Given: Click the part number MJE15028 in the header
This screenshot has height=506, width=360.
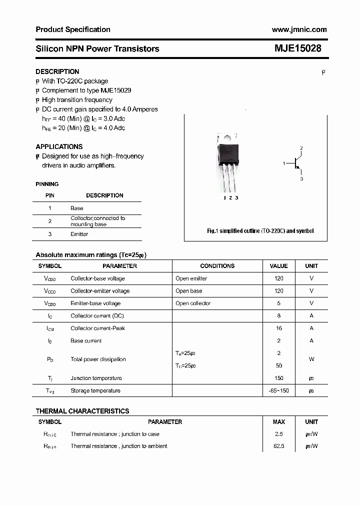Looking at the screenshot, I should pyautogui.click(x=298, y=48).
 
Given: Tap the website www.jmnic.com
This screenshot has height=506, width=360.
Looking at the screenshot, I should pyautogui.click(x=299, y=29).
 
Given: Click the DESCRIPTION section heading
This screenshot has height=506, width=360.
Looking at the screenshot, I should pyautogui.click(x=57, y=71).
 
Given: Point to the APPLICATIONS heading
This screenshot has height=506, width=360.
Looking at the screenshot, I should pyautogui.click(x=59, y=146).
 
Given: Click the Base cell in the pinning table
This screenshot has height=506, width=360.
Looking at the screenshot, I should pyautogui.click(x=77, y=208).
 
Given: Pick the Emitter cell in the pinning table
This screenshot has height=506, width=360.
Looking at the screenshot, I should pyautogui.click(x=79, y=234).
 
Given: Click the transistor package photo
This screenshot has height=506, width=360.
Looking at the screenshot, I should pyautogui.click(x=228, y=163).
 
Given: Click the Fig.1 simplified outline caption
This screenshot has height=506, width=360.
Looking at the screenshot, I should pyautogui.click(x=260, y=231).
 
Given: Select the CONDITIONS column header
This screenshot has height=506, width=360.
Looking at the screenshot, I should pyautogui.click(x=217, y=266).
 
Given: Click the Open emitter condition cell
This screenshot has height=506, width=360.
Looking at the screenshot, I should pyautogui.click(x=191, y=278).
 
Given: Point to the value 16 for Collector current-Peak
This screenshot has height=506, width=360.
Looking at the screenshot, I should pyautogui.click(x=278, y=328).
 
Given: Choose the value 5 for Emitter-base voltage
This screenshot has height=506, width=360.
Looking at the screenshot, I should pyautogui.click(x=278, y=303).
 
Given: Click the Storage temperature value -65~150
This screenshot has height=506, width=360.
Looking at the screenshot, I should pyautogui.click(x=278, y=391).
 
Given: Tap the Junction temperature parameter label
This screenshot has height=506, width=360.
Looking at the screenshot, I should pyautogui.click(x=96, y=378).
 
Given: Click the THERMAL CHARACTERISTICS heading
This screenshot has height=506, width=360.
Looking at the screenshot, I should pyautogui.click(x=82, y=411).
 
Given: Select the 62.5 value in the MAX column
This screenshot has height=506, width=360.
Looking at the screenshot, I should pyautogui.click(x=278, y=446).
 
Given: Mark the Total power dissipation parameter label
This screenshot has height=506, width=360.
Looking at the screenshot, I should pyautogui.click(x=98, y=359).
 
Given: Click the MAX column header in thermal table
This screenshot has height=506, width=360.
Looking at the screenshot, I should pyautogui.click(x=278, y=422).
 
